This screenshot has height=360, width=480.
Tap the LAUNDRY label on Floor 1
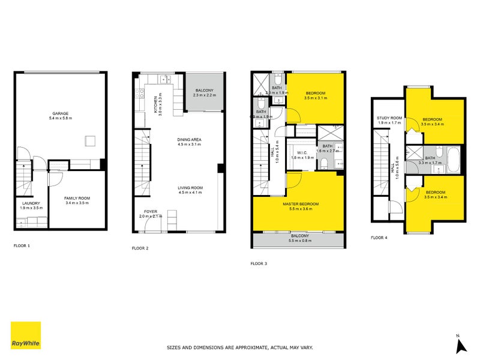click(x=32, y=203)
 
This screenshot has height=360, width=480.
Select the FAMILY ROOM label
click(x=77, y=198)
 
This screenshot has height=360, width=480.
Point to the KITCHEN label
click(x=155, y=104)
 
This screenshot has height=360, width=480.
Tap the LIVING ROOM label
click(x=190, y=188)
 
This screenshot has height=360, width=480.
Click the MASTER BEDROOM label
click(x=301, y=205)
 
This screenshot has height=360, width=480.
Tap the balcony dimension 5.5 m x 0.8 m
click(x=301, y=241)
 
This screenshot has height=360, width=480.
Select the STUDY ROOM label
click(x=389, y=118)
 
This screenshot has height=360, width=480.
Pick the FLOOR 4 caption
click(x=379, y=238)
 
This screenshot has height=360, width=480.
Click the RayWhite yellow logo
click(x=26, y=335)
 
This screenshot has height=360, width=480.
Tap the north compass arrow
click(x=461, y=346)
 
